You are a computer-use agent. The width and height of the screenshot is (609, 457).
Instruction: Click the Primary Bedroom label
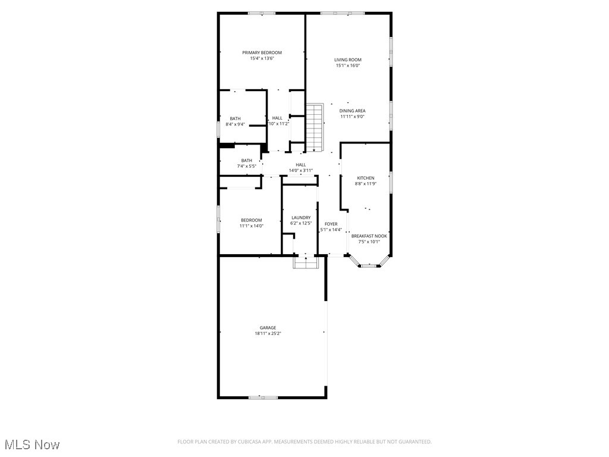point(262,52)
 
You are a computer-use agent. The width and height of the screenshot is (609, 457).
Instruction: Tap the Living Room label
point(347,60)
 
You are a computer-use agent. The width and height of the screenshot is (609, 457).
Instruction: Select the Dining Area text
point(352,111)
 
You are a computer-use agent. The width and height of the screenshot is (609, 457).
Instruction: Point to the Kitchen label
point(365,178)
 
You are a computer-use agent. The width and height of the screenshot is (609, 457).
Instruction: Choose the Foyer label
point(331,224)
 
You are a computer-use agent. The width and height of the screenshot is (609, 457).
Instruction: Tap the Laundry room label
point(301,218)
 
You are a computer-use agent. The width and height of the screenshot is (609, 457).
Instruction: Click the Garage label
point(268,327)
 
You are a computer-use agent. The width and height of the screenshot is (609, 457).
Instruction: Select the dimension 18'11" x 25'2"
point(268,334)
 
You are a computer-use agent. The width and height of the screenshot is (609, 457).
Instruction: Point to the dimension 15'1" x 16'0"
point(347,65)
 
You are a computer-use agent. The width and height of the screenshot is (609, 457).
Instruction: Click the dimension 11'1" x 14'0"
point(251,226)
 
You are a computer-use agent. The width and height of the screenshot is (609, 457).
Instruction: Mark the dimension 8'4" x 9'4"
point(235,124)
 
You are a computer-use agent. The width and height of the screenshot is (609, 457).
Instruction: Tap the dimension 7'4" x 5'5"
point(246,166)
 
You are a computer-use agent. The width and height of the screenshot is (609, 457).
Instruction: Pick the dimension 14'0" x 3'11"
point(300,170)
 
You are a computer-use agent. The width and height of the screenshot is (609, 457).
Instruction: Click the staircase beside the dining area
point(314,126)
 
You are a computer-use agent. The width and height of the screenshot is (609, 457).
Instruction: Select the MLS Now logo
point(31,445)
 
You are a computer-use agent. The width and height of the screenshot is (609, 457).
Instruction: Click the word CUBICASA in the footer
point(263,442)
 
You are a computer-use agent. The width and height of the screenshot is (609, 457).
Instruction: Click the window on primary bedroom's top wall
point(262,13)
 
